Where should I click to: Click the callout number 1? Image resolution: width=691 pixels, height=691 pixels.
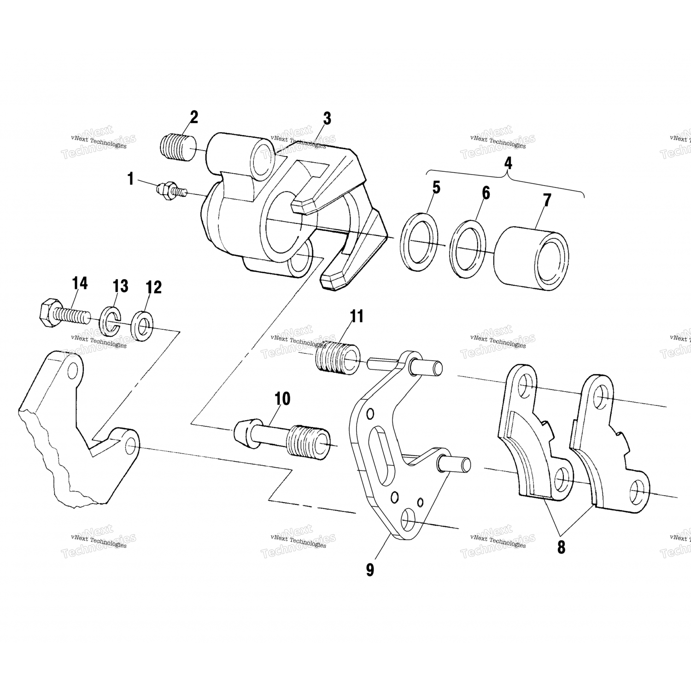coord(131,179)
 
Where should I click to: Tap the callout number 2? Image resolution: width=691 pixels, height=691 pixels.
coord(193,117)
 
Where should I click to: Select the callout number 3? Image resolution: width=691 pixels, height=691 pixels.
coord(327,118)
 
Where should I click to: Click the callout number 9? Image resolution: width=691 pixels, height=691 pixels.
coord(370,569)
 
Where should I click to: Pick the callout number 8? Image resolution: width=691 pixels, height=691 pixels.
coord(561,547)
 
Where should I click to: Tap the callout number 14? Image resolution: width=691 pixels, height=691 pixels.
coord(80,283)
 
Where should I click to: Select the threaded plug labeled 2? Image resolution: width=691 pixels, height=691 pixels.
coord(177,146)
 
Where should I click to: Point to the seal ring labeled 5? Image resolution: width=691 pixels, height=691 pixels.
coord(419,242)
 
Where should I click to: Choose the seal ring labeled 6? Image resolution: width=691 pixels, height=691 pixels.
coord(468,249)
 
